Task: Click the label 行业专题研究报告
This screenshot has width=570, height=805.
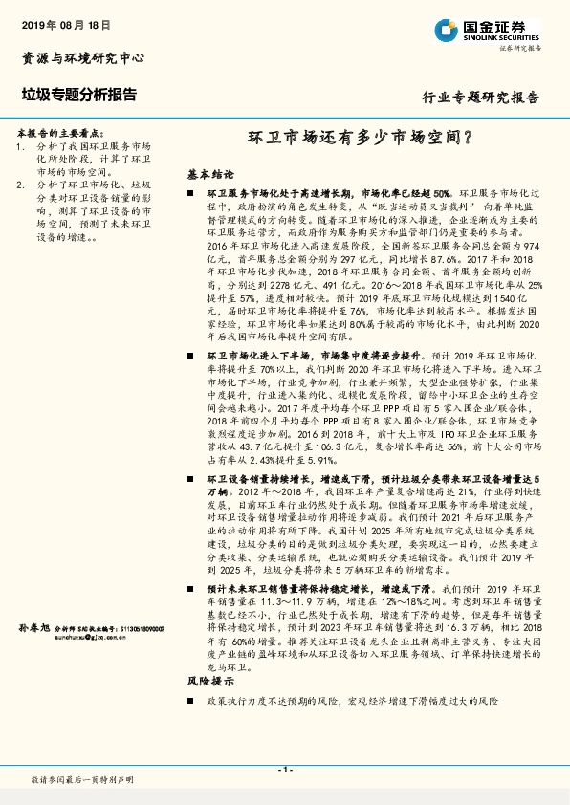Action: click(x=481, y=97)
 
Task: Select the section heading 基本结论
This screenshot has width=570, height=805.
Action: click(x=210, y=175)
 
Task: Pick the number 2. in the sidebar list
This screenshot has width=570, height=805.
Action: click(x=21, y=184)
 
